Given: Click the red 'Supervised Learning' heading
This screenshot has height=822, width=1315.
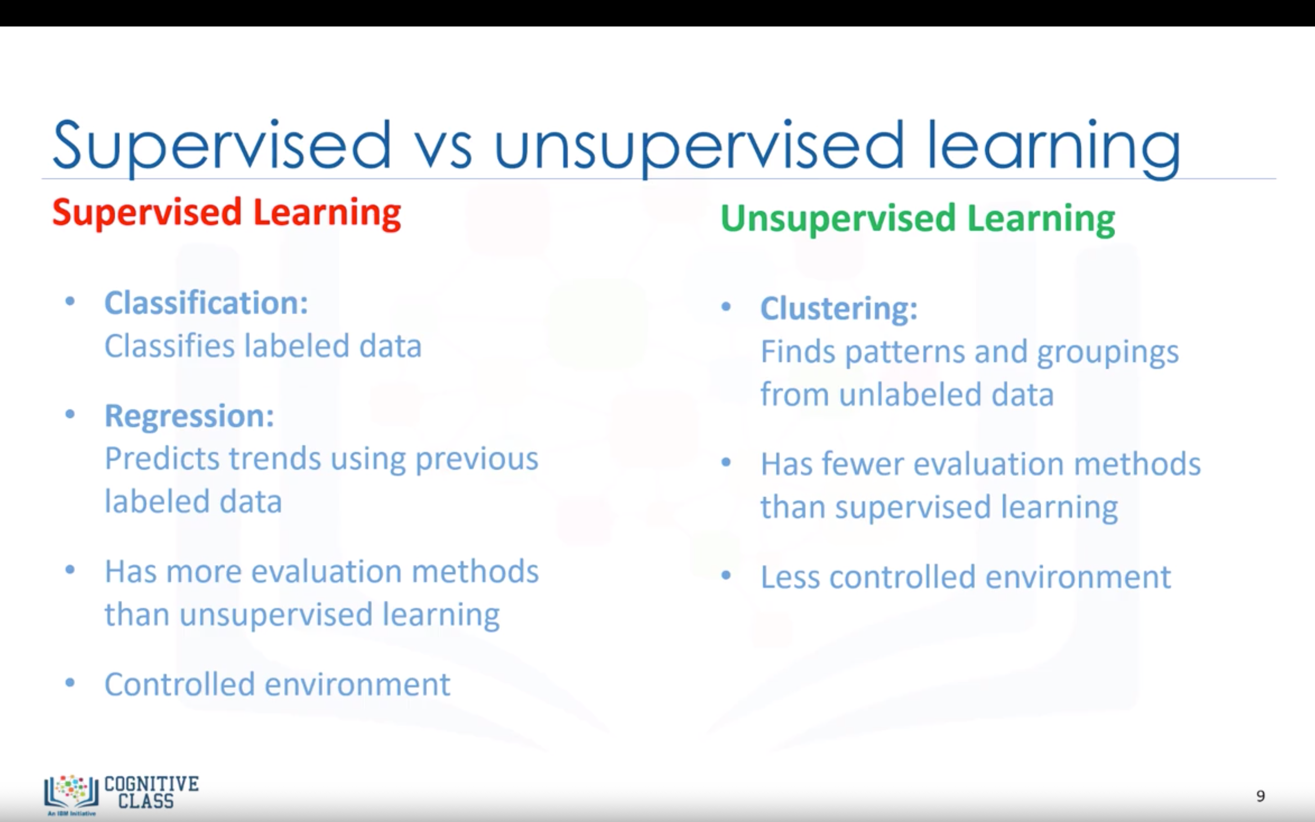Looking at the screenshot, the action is pos(226,213).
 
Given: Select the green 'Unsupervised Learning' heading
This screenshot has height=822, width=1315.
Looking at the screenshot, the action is pos(918,219).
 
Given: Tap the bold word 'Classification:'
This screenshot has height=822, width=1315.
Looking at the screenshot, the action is pos(206,302).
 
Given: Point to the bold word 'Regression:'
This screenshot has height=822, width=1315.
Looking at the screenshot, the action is pos(189,416).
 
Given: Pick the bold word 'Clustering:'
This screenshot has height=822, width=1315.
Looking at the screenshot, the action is pos(839,308).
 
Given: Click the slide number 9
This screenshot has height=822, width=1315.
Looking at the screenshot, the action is pos(1261,796).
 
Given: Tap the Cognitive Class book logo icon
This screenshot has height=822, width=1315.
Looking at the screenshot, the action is pos(71,791).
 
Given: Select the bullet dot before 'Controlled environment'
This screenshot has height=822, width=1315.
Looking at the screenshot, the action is pos(69,682).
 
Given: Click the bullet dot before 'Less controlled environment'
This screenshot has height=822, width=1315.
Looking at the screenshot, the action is pos(726,575).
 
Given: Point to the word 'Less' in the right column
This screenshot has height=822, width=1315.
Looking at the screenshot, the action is pos(791,577).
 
